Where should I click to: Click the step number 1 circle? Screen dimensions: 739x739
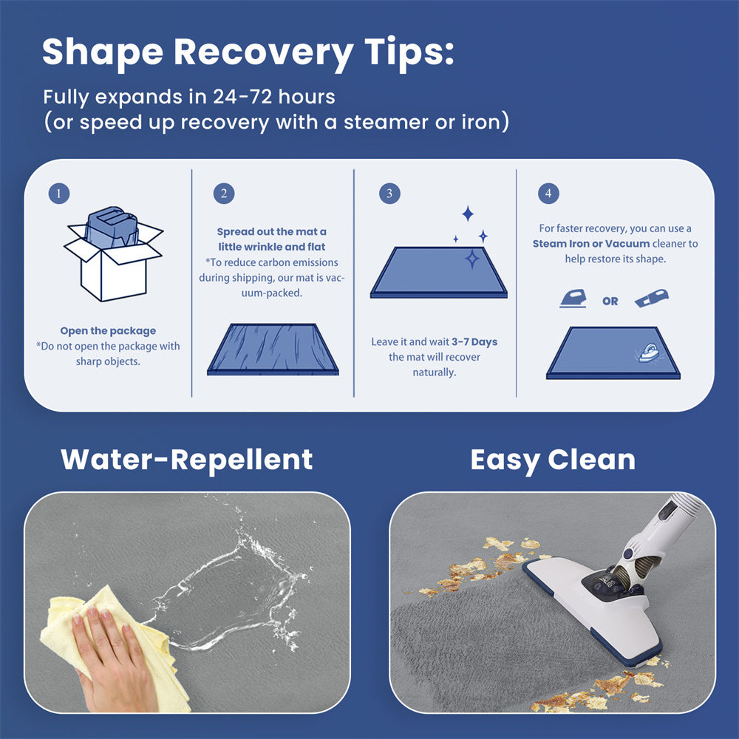point(59,193)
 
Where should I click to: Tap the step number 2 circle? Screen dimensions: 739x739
point(224,193)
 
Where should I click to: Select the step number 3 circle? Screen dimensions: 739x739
point(389,193)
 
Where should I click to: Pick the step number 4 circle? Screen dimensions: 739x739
point(548,193)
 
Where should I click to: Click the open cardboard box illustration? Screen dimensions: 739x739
point(113,254)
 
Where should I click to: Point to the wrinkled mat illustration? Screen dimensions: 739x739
point(273,349)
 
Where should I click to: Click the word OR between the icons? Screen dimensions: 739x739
point(610,302)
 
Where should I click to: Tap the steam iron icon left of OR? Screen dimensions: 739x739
point(573,299)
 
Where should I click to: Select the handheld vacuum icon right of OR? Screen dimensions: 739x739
point(652,299)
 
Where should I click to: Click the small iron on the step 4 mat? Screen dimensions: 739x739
point(650,353)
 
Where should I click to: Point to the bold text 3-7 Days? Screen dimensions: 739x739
point(474,341)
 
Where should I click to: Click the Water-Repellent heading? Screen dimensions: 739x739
point(187,460)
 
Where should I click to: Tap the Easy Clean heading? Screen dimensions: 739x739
point(553,460)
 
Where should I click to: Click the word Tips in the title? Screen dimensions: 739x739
point(409,52)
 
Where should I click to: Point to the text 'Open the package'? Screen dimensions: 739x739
point(108,331)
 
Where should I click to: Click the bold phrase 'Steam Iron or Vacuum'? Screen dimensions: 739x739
point(591,244)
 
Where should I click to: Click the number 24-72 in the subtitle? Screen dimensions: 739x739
point(242,97)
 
